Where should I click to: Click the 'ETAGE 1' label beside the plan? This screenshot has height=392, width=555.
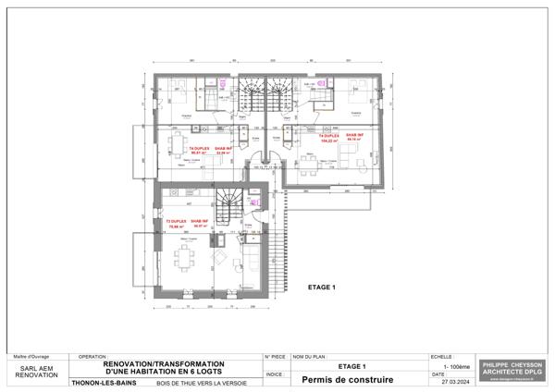pos(320,287)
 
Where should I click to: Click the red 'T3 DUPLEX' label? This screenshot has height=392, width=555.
pos(176,222)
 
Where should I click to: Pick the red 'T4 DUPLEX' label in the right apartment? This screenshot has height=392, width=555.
pos(329,136)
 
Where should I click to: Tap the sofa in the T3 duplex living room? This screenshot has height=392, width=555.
pos(249,255)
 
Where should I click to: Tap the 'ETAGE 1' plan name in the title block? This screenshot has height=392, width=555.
pos(352,366)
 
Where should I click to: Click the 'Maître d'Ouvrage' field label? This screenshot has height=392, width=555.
pos(31,356)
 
